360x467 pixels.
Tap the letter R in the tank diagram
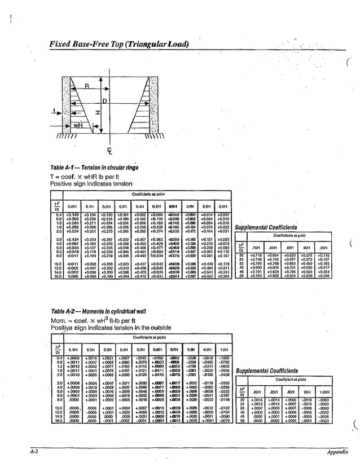86,86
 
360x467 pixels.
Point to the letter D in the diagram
104,101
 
